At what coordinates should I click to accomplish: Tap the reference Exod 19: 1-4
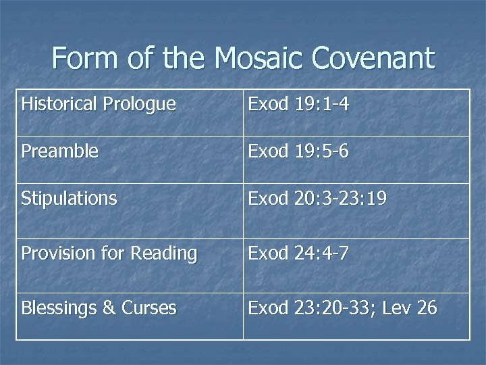[x=298, y=105]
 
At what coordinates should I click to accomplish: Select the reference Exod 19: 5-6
[x=298, y=151]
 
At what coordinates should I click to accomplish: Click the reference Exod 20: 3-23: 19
[x=318, y=199]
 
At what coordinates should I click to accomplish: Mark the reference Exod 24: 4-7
[x=298, y=253]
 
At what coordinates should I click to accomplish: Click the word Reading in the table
[x=164, y=254]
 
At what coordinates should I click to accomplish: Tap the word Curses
[x=149, y=308]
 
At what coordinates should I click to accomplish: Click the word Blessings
[x=59, y=309]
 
